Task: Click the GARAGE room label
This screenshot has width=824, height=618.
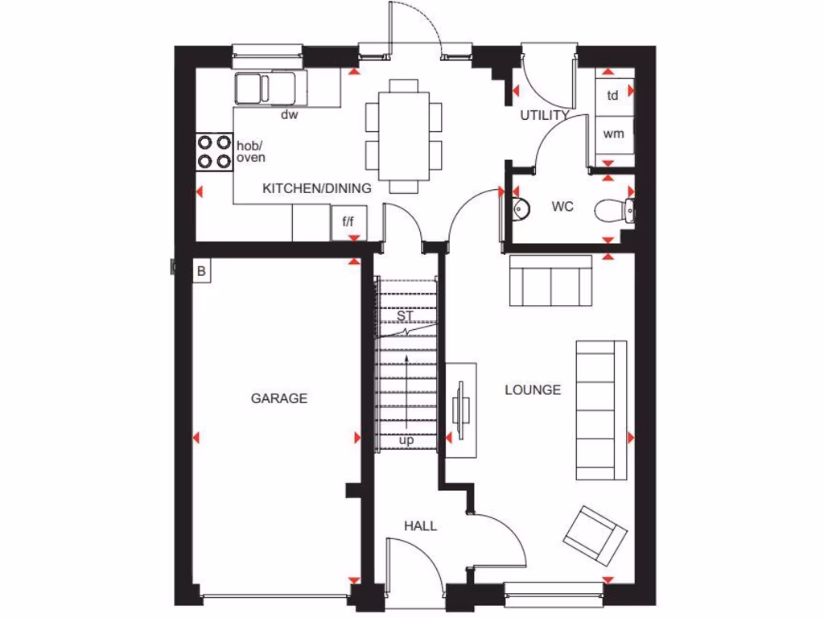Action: (278, 398)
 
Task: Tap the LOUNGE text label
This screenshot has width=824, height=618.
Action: (533, 390)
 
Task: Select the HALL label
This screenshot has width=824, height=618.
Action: (420, 526)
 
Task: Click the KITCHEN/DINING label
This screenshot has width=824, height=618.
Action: (317, 189)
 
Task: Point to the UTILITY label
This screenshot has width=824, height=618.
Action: (544, 115)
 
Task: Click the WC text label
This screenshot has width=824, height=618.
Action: (562, 207)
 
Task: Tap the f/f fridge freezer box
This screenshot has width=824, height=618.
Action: (348, 222)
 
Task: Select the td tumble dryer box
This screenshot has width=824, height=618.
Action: (612, 96)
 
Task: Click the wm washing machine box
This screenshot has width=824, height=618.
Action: (613, 134)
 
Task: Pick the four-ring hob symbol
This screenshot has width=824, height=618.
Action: (213, 150)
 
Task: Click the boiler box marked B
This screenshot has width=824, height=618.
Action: (201, 271)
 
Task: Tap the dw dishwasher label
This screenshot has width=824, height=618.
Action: (290, 115)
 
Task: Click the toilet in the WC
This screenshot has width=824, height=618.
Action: (616, 210)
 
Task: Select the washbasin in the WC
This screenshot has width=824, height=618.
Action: (520, 208)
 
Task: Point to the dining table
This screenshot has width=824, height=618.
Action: (404, 135)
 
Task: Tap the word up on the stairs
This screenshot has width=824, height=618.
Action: (406, 440)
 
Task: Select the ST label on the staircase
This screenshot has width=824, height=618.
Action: (404, 315)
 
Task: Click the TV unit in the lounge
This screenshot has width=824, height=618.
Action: (462, 410)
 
